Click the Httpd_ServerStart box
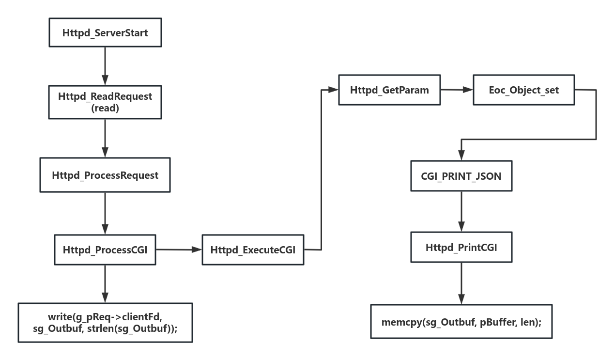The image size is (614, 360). (x=105, y=33)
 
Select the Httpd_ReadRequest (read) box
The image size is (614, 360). (x=105, y=102)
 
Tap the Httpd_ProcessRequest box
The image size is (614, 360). (x=105, y=175)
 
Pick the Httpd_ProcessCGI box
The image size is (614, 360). (x=105, y=250)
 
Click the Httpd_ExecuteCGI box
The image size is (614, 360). (x=253, y=250)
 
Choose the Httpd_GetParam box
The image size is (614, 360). (x=389, y=90)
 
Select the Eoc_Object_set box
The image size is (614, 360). (x=524, y=90)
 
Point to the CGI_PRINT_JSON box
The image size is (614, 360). (x=461, y=176)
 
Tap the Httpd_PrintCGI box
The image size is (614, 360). (x=461, y=248)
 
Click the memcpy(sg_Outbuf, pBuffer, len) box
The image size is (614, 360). (x=461, y=321)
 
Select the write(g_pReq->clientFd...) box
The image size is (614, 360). (x=105, y=322)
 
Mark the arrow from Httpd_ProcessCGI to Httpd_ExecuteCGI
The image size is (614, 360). (x=179, y=250)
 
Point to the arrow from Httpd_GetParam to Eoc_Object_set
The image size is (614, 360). (x=456, y=90)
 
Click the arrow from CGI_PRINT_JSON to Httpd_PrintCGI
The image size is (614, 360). (x=461, y=212)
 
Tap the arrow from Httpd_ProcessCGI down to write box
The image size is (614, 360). (x=105, y=284)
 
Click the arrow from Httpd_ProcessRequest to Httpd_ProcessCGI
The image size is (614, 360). (x=105, y=214)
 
